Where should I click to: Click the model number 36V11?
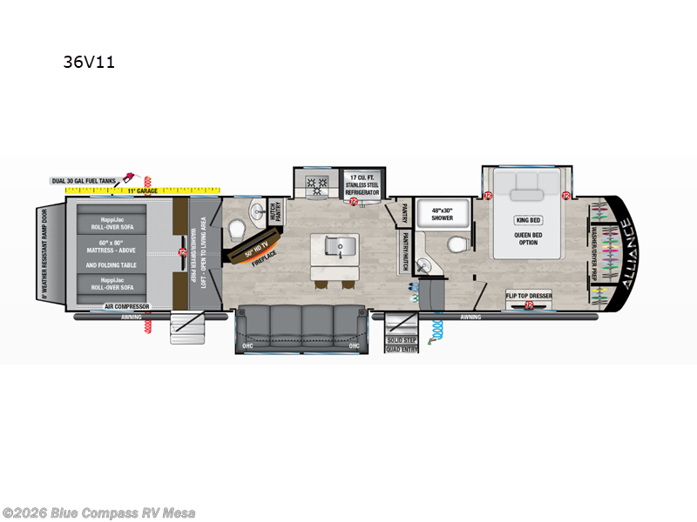[x=89, y=62]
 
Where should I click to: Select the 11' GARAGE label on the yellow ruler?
[x=140, y=189]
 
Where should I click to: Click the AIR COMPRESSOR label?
[x=127, y=306]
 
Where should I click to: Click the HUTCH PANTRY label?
[x=275, y=211]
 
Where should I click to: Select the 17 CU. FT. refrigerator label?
[x=363, y=184]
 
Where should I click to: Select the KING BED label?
[x=528, y=219]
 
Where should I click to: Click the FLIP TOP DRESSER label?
[x=529, y=296]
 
